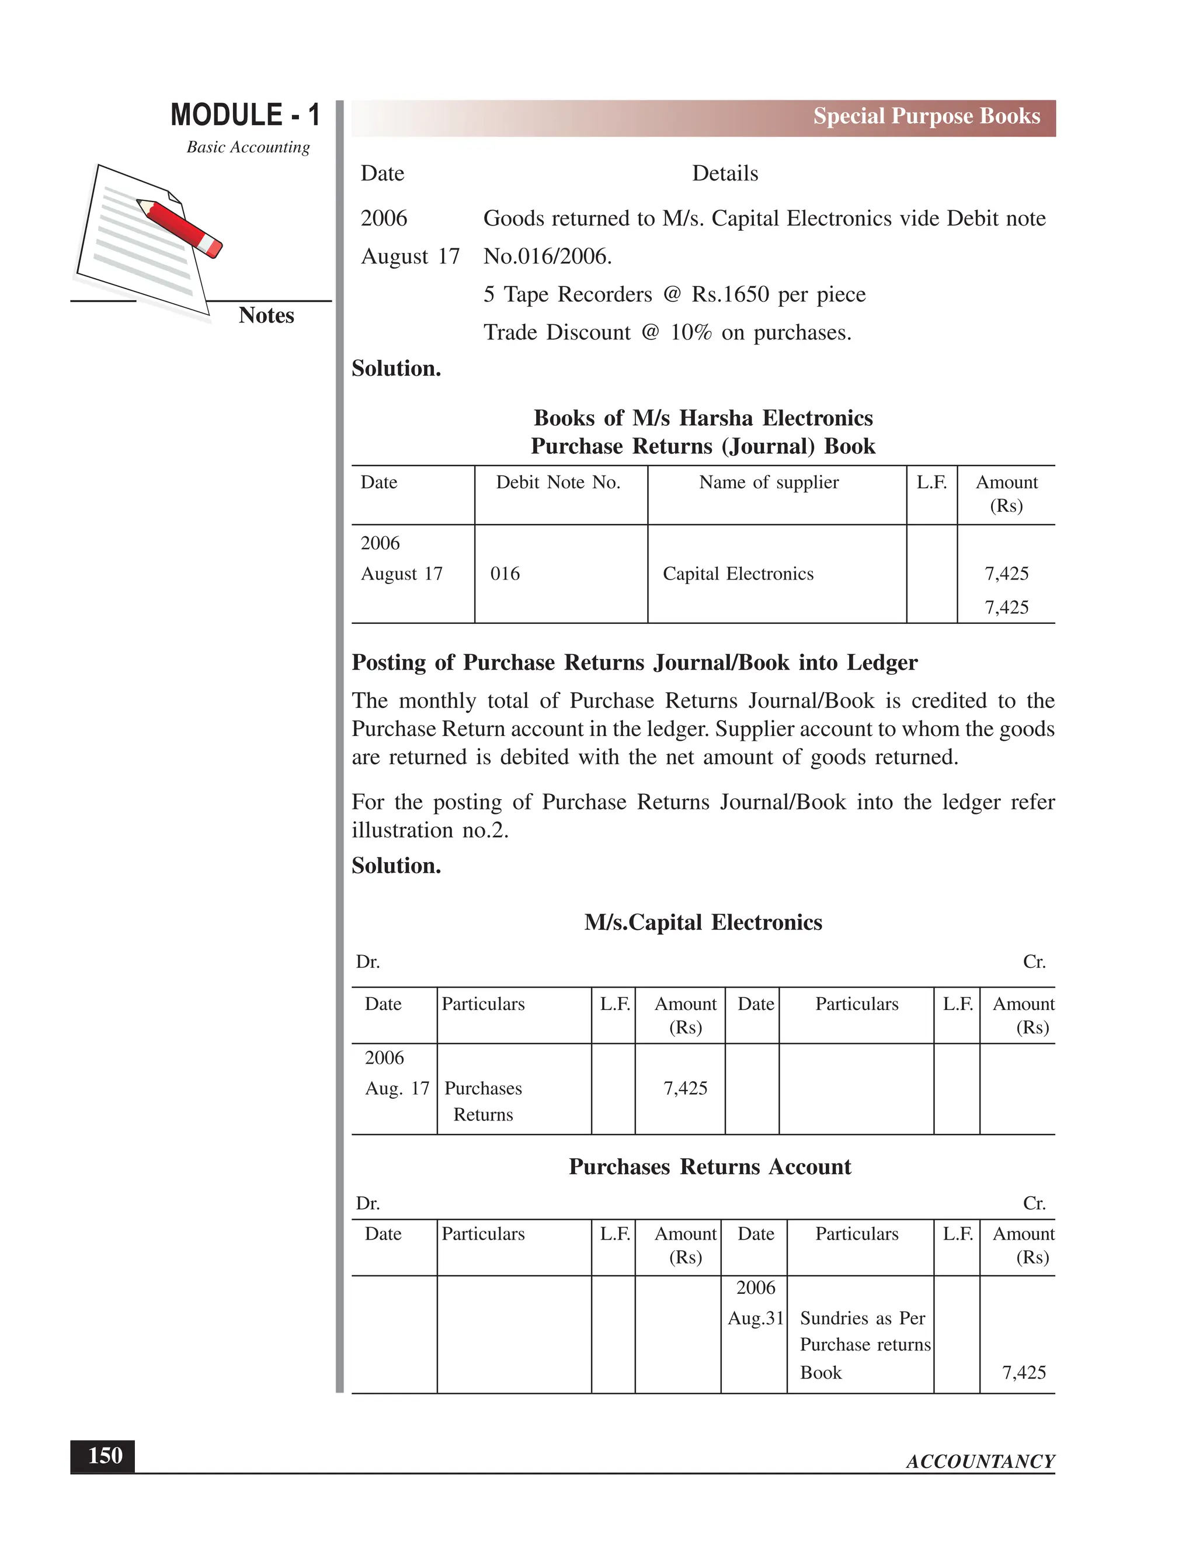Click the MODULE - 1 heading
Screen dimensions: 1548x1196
pyautogui.click(x=245, y=115)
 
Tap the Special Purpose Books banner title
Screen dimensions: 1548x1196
pyautogui.click(x=926, y=116)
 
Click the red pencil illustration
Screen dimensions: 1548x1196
pyautogui.click(x=180, y=227)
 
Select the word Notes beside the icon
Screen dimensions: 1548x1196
pyautogui.click(x=266, y=315)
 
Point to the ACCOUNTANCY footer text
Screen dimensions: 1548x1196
pyautogui.click(x=980, y=1462)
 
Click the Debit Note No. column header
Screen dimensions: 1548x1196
pyautogui.click(x=558, y=483)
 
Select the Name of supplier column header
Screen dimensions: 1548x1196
pyautogui.click(x=768, y=483)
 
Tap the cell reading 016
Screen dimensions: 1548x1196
pyautogui.click(x=505, y=574)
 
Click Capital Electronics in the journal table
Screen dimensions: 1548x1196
pyautogui.click(x=738, y=574)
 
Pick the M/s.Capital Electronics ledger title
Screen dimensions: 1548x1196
pyautogui.click(x=703, y=922)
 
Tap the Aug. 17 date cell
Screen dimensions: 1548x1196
pyautogui.click(x=397, y=1088)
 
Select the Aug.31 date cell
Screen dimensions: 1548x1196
pyautogui.click(x=755, y=1318)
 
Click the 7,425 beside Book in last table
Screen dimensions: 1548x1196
pyautogui.click(x=1023, y=1372)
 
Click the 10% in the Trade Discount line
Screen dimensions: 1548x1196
pyautogui.click(x=690, y=332)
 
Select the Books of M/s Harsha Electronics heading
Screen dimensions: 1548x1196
pyautogui.click(x=703, y=418)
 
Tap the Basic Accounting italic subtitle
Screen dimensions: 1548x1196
pyautogui.click(x=248, y=147)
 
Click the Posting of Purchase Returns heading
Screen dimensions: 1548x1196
pyautogui.click(x=634, y=663)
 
